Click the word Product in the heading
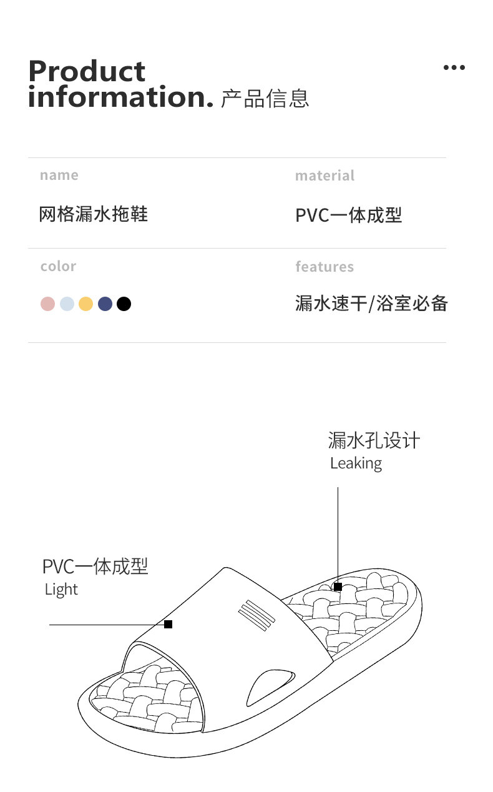coord(87,72)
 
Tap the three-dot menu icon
coord(454,67)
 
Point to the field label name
coord(59,176)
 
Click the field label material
coord(325,176)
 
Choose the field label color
coord(58,267)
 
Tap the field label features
coord(325,267)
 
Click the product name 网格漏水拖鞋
coord(94,214)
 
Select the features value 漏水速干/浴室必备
coord(371,304)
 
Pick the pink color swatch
coord(48,304)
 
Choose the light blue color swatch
coord(67,304)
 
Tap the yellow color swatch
coord(86,304)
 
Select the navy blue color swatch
coord(105,304)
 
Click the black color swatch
coord(124,304)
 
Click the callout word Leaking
coord(356,463)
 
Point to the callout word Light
coord(61,590)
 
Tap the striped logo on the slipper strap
coord(256,614)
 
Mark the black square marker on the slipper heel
coord(338,587)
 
